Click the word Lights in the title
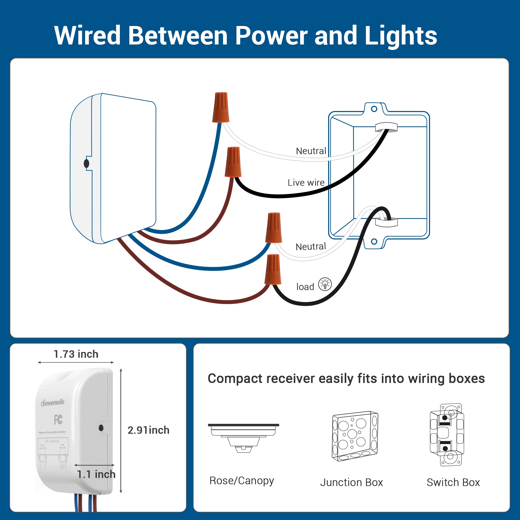click(x=400, y=36)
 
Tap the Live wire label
click(x=306, y=183)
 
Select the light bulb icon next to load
click(x=325, y=284)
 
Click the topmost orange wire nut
click(x=221, y=107)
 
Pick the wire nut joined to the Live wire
click(x=233, y=162)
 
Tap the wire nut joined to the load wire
click(x=273, y=269)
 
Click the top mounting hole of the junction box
click(x=374, y=109)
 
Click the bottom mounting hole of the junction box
click(x=374, y=242)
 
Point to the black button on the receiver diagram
click(x=86, y=163)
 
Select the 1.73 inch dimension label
click(x=76, y=354)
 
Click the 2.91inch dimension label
click(x=148, y=430)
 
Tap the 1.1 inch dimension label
click(x=96, y=474)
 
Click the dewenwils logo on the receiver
click(x=53, y=403)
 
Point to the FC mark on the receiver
click(x=58, y=419)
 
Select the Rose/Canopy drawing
click(x=243, y=438)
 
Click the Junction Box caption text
click(x=351, y=482)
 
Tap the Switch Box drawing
click(x=447, y=435)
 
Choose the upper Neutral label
click(x=311, y=151)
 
